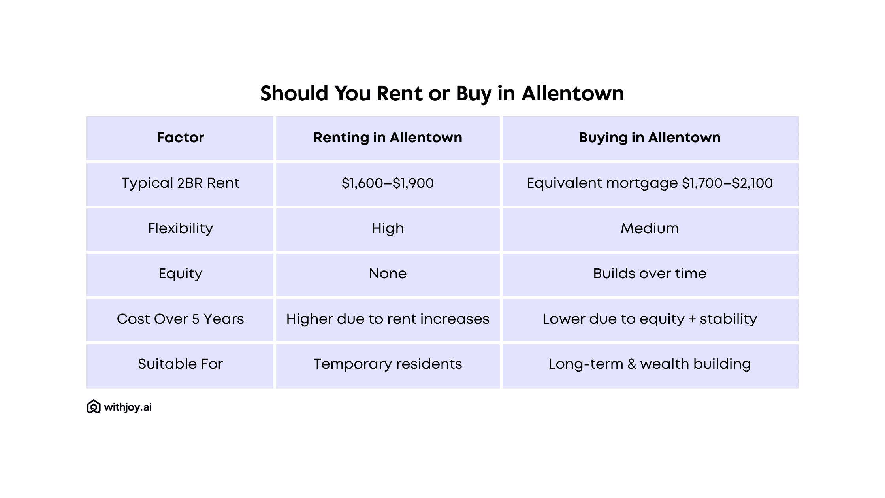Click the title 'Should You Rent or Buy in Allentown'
[x=442, y=94]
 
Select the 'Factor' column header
[x=180, y=138]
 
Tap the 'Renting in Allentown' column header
[x=388, y=138]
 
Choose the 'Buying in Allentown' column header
[x=650, y=138]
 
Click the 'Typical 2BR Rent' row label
[x=180, y=183]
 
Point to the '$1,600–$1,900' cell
[x=388, y=183]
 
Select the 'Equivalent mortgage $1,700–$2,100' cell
[x=650, y=183]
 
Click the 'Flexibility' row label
[x=180, y=228]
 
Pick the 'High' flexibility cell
[x=388, y=228]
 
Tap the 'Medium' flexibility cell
[x=650, y=228]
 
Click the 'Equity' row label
[x=180, y=274]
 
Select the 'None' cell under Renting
[x=388, y=274]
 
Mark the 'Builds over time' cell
[x=650, y=274]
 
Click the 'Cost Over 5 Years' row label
[x=180, y=319]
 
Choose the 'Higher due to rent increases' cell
[x=388, y=319]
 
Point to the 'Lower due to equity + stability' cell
[x=650, y=319]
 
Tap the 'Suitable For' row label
[x=180, y=364]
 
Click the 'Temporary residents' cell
[x=388, y=364]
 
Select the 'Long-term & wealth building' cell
[x=650, y=364]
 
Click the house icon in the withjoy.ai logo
[x=94, y=407]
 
